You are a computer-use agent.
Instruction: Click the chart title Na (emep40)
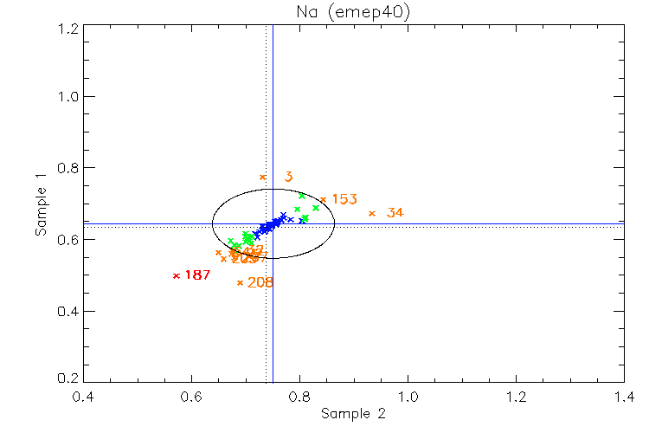point(353,11)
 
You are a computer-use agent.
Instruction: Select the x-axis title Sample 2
point(353,414)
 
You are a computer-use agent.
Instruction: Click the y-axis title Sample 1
point(40,205)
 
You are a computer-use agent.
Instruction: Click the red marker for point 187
point(176,275)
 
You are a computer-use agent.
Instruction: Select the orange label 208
point(260,282)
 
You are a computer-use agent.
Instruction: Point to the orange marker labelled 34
point(371,213)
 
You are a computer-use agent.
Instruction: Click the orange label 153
point(344,199)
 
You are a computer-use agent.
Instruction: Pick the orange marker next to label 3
point(263,177)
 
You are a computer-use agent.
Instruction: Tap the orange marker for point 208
point(240,282)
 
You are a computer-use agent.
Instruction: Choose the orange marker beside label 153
point(323,199)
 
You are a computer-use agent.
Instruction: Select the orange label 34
point(395,213)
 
